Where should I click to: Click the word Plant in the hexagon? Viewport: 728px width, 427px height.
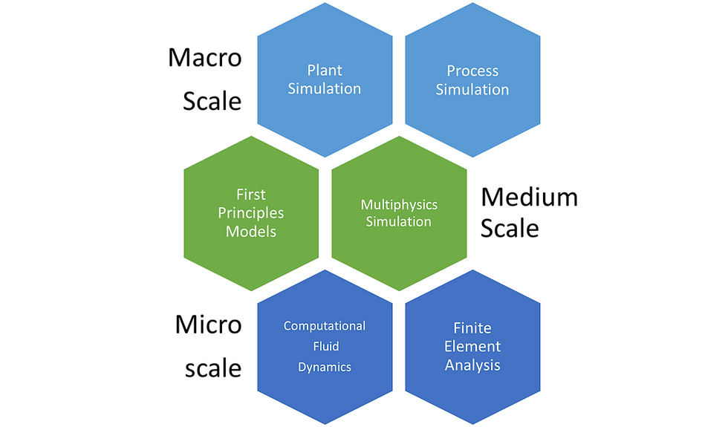tap(325, 70)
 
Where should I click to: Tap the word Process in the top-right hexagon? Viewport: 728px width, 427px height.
tap(472, 71)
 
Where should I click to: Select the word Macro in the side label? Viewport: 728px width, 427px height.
tap(205, 58)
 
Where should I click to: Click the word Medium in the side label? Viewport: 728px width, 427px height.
tap(529, 197)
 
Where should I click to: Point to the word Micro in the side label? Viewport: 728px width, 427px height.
tap(209, 324)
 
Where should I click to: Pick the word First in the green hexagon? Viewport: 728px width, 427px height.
tap(251, 194)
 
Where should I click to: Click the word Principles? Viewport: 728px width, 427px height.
tap(251, 213)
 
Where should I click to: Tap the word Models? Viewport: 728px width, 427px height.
tap(251, 231)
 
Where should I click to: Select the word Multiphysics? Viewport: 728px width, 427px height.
tap(400, 205)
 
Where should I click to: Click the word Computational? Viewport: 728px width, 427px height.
tap(325, 326)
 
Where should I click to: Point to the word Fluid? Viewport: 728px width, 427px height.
tap(326, 346)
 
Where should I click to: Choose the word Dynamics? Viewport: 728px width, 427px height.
tap(325, 367)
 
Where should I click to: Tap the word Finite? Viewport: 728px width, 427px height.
tap(472, 328)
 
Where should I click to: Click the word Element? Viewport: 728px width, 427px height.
tap(472, 346)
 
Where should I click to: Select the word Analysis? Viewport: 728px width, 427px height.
tap(472, 365)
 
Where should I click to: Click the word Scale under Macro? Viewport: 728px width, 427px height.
tap(212, 101)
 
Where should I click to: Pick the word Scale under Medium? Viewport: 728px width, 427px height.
tap(510, 229)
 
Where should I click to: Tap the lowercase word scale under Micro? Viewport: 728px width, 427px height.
tap(213, 368)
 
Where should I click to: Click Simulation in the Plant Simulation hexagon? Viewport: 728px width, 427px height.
tap(325, 88)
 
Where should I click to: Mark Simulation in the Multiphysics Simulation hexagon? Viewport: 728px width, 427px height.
tap(399, 221)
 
